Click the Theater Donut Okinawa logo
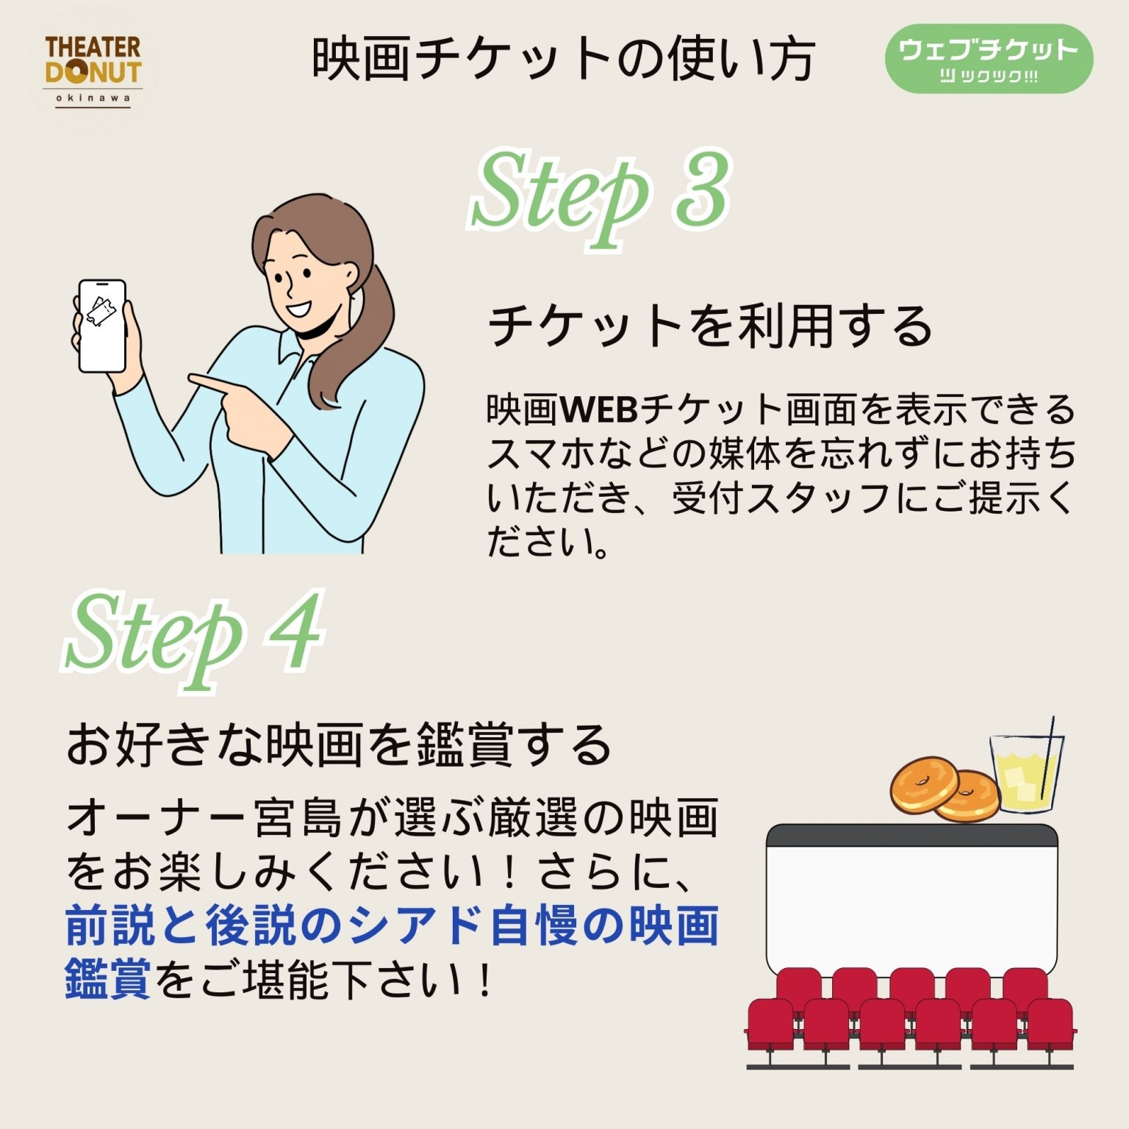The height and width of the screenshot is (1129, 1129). click(93, 71)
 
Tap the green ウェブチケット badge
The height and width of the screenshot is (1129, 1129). click(989, 58)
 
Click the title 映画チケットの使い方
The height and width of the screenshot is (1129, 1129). click(564, 59)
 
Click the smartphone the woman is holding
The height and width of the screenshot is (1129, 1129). click(102, 326)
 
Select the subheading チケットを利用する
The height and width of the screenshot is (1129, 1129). click(710, 326)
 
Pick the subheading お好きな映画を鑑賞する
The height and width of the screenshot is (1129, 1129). click(339, 745)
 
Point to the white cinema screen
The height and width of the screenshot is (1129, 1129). click(911, 905)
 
